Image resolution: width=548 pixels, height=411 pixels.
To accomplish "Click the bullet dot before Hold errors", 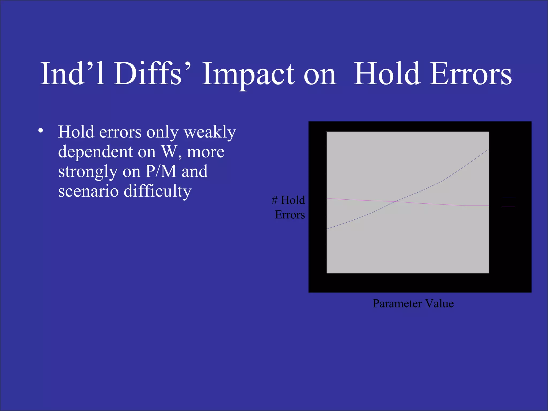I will [40, 131].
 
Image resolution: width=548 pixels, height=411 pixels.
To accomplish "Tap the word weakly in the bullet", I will [210, 132].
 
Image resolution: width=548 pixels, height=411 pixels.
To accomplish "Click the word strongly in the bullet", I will [88, 172].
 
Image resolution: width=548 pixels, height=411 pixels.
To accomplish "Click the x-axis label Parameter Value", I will [413, 303].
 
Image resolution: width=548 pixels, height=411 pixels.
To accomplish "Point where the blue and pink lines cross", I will [395, 201].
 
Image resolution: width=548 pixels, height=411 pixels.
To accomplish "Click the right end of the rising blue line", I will [488, 149].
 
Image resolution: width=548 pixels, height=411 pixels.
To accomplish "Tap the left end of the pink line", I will [328, 198].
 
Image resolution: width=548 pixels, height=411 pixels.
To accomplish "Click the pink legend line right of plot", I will [508, 207].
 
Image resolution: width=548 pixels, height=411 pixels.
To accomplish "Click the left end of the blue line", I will [328, 229].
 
